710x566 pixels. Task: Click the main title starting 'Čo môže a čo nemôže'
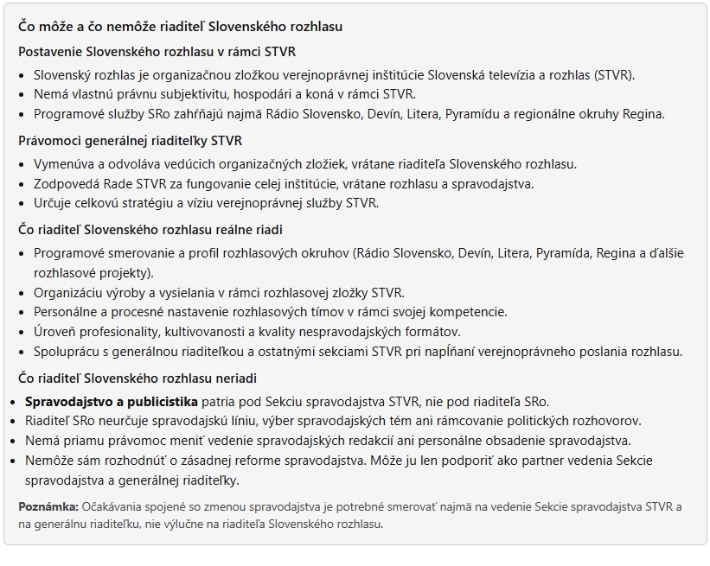coord(180,27)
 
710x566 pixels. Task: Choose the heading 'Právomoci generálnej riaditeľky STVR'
coord(130,141)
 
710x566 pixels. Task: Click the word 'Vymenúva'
coord(63,163)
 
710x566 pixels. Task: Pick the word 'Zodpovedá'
coord(65,183)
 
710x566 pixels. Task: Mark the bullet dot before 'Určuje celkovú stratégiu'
coord(22,203)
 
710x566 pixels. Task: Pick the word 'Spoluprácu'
coord(67,351)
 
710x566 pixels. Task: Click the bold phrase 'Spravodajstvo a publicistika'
coord(112,401)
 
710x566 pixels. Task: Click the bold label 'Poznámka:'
coord(48,506)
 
